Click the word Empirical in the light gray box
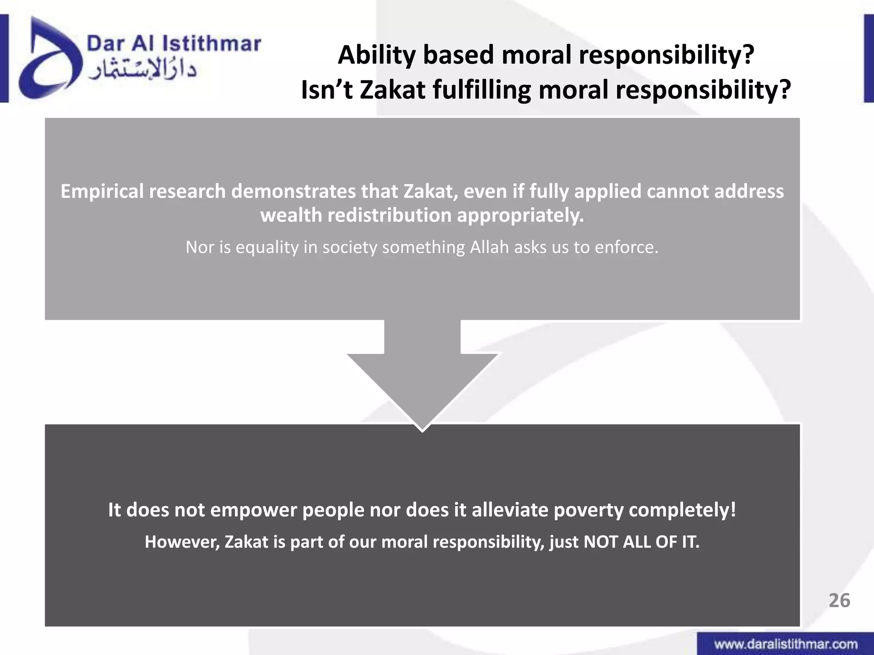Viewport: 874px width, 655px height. click(x=101, y=191)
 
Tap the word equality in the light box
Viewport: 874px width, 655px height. click(x=267, y=248)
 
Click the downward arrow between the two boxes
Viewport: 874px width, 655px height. click(x=422, y=375)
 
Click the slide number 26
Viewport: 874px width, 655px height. click(x=839, y=600)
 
